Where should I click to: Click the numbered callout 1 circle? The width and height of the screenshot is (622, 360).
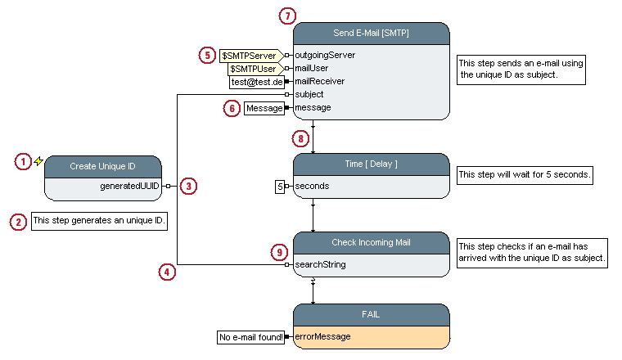[x=25, y=162]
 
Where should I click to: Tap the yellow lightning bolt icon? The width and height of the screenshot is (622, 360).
[x=38, y=161]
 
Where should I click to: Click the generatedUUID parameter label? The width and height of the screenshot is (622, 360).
[x=130, y=187]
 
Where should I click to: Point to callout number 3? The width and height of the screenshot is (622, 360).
[x=188, y=187]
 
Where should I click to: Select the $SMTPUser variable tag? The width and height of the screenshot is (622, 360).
[x=254, y=69]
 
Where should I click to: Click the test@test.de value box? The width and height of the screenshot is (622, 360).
[x=256, y=82]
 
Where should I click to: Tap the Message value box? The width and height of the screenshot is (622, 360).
[x=264, y=107]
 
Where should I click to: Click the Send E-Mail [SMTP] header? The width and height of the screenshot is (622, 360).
[x=371, y=34]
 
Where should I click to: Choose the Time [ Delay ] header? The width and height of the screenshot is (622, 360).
[x=371, y=164]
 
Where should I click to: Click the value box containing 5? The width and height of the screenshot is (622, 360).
[x=280, y=187]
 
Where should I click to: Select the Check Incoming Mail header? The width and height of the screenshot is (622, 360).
[x=371, y=242]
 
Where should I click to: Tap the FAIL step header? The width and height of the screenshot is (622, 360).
[x=371, y=314]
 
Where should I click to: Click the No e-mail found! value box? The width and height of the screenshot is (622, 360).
[x=250, y=336]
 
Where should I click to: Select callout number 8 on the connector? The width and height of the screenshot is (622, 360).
[x=301, y=138]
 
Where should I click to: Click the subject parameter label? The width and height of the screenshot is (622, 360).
[x=309, y=94]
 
